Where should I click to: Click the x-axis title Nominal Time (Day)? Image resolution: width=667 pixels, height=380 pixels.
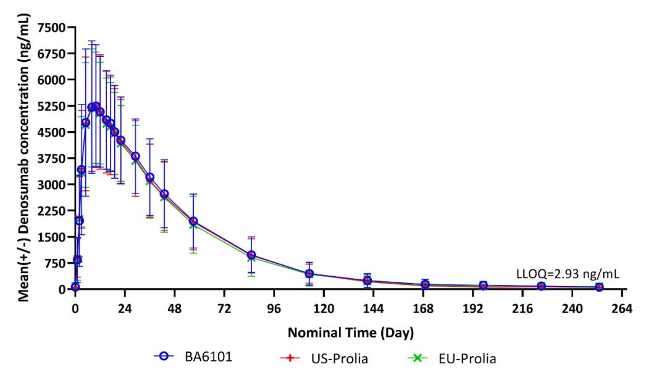pos(350,332)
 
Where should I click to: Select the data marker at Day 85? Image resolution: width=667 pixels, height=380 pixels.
pos(251,255)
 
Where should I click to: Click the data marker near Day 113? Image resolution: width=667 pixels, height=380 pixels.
pos(309,274)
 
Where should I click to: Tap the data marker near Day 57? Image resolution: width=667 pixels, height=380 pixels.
pos(193,221)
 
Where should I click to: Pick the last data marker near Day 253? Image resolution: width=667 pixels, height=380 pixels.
pos(599,287)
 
